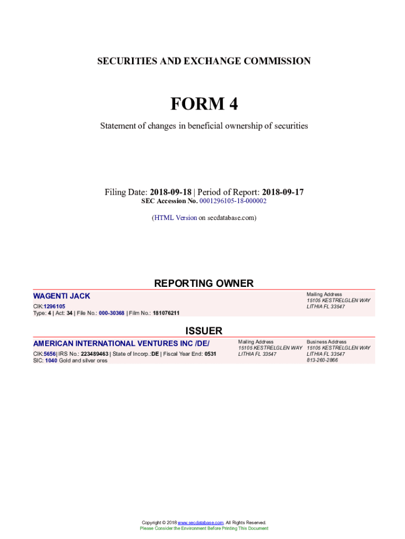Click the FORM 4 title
click(x=204, y=104)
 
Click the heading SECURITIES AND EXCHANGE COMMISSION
click(x=204, y=61)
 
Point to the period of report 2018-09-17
click(x=282, y=192)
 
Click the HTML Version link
click(x=175, y=217)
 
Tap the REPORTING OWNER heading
click(x=204, y=284)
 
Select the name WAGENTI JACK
click(x=62, y=296)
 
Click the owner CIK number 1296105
click(x=54, y=306)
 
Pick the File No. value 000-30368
click(x=112, y=313)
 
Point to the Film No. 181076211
click(x=166, y=313)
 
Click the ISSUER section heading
click(x=204, y=331)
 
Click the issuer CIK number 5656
click(x=49, y=354)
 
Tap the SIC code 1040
click(x=50, y=361)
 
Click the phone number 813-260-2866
click(x=322, y=360)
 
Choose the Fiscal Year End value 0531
click(x=210, y=354)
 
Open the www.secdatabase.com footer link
click(x=201, y=523)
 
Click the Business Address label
click(x=326, y=342)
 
